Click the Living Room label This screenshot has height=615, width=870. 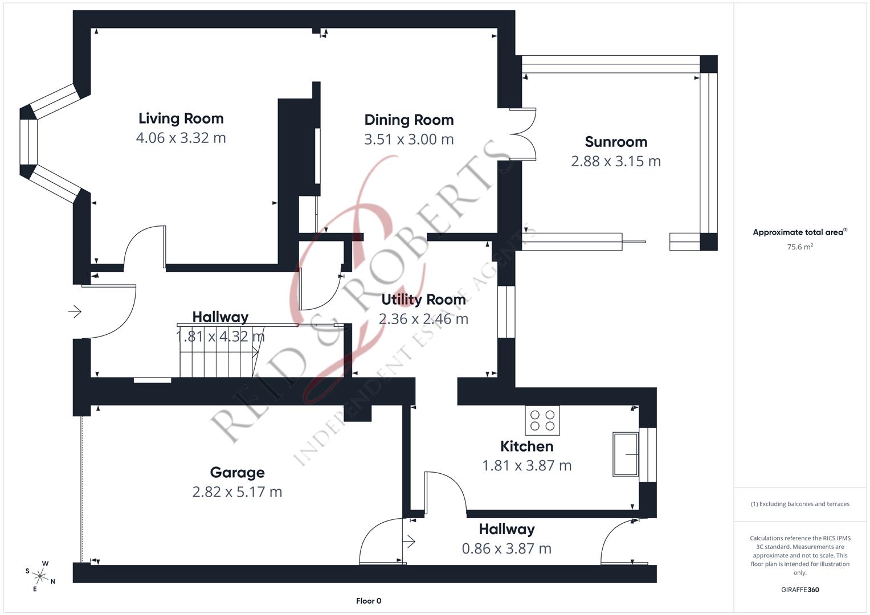coord(181,118)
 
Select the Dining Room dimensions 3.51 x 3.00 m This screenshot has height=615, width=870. coord(409,140)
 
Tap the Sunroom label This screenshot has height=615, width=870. coord(615,142)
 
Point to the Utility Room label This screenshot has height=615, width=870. coord(423,300)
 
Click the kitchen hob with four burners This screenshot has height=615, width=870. coord(542,420)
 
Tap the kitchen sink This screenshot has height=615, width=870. coord(626,454)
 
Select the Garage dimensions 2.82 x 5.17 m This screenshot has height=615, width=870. coord(237,492)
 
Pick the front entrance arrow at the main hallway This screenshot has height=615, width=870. coord(75,311)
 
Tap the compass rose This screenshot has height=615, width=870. coord(40,575)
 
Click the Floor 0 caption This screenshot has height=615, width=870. coord(369,601)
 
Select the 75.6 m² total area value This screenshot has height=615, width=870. coord(799,247)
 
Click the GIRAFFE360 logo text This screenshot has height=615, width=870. coord(799,589)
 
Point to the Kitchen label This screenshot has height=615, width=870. coord(526,446)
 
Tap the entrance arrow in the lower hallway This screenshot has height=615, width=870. coord(409,542)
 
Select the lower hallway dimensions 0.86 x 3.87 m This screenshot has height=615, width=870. coord(506,549)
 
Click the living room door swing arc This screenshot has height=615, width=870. coord(140,242)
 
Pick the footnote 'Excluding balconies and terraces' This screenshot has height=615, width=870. coord(799,504)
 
